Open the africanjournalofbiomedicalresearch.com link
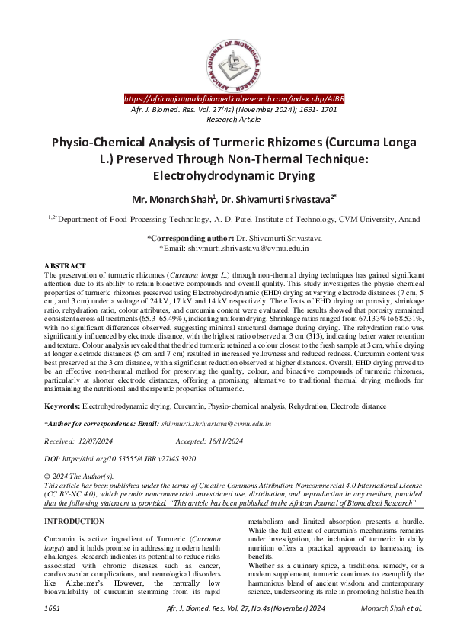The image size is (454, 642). pyautogui.click(x=234, y=99)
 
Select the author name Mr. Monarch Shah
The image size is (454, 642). pyautogui.click(x=174, y=200)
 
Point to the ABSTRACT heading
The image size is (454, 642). pyautogui.click(x=65, y=265)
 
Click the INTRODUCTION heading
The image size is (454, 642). pyautogui.click(x=75, y=522)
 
